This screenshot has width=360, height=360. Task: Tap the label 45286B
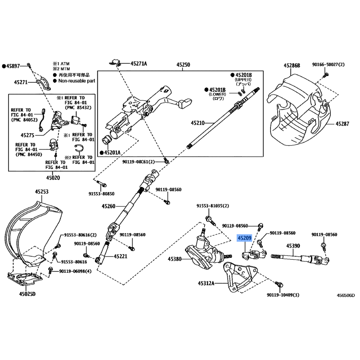292,65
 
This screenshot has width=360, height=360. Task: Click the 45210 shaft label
197,122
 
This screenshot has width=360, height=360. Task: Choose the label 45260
109,207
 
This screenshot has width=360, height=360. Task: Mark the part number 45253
42,192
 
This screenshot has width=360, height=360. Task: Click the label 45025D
27,294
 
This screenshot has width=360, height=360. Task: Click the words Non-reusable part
76,81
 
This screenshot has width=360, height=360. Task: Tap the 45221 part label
121,256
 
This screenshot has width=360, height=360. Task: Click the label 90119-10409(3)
283,295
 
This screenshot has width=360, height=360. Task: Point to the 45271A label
139,63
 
